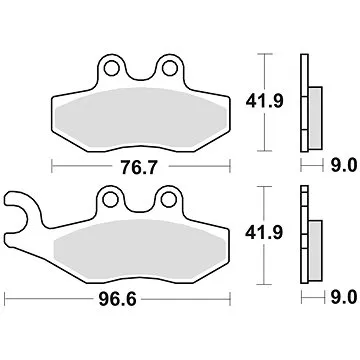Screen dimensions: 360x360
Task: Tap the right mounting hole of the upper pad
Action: (163, 69)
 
